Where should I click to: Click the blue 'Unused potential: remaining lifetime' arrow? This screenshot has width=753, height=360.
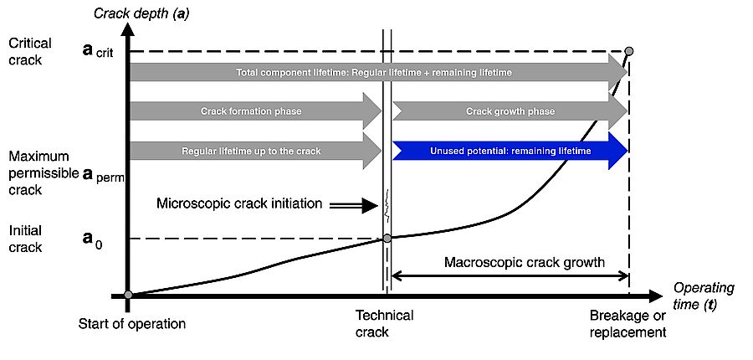point(510,152)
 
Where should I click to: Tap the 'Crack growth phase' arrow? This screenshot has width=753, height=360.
point(510,111)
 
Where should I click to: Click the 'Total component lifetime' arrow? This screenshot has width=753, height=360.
point(376,73)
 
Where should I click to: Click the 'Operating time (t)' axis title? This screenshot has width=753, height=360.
point(704,296)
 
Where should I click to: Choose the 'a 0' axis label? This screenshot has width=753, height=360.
point(93,239)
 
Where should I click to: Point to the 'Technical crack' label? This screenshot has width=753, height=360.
point(385,324)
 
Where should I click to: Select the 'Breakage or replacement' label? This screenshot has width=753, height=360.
point(627,324)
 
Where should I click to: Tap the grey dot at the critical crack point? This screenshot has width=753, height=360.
point(629,52)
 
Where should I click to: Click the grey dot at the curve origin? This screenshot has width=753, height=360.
point(128,295)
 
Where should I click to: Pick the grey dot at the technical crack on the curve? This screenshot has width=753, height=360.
point(387,239)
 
